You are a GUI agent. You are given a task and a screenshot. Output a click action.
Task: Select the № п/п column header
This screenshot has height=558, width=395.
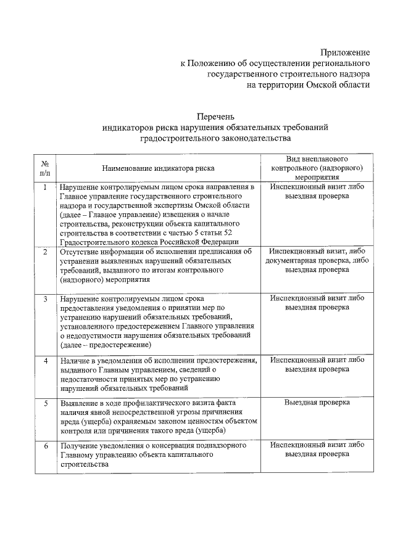[45, 168]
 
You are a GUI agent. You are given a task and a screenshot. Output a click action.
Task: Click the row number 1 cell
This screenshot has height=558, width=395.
[45, 187]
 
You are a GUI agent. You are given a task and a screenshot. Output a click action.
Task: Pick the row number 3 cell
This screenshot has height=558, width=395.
[45, 298]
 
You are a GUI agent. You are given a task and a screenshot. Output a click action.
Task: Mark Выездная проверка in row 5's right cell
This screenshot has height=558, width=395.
[317, 403]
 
